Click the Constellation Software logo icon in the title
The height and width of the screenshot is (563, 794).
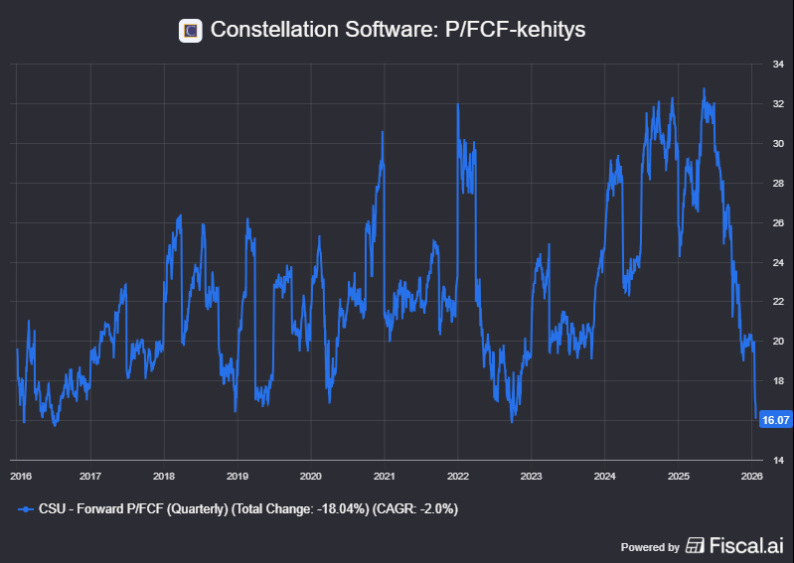click(190, 30)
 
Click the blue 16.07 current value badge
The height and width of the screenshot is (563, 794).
click(775, 420)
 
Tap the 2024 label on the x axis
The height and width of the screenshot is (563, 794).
click(604, 476)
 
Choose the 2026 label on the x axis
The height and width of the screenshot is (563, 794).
click(751, 476)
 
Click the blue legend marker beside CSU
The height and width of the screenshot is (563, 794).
click(26, 508)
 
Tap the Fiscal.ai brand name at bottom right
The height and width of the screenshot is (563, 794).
click(746, 545)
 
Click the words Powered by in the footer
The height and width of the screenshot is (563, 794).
click(650, 546)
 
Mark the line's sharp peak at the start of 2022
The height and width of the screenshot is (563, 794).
click(457, 105)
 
